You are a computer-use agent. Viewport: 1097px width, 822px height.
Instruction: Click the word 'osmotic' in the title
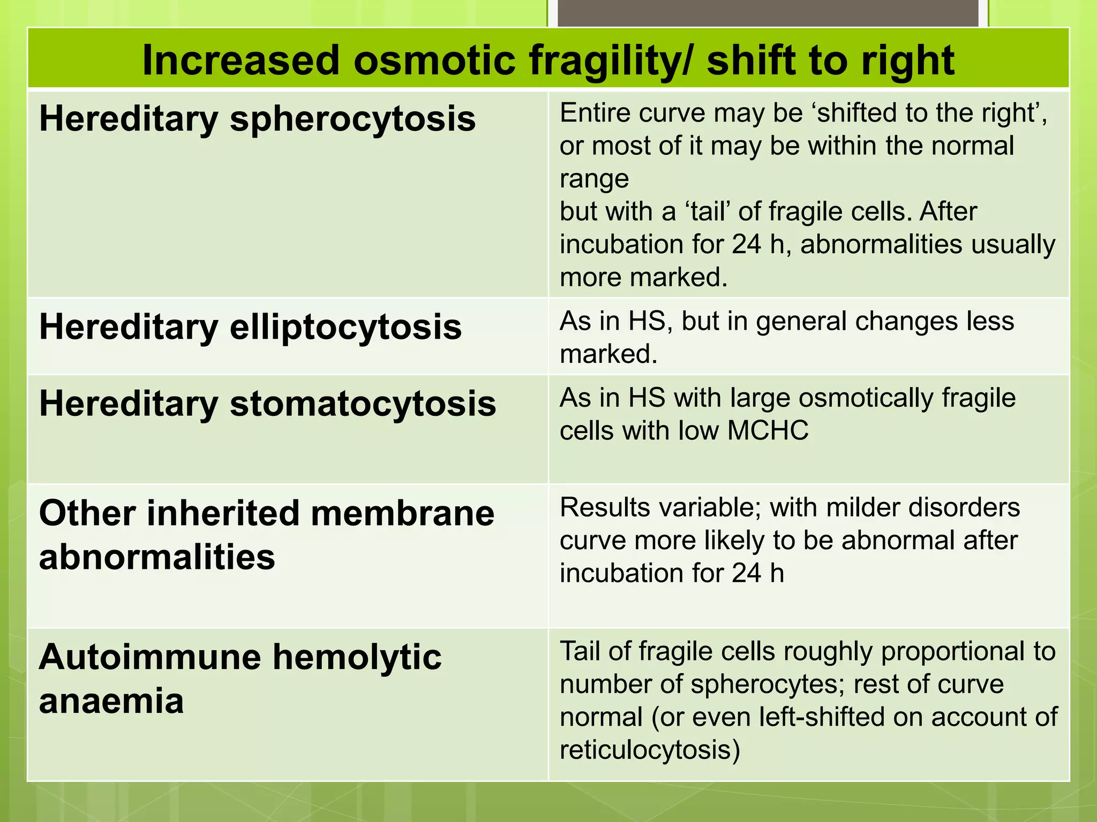click(x=434, y=60)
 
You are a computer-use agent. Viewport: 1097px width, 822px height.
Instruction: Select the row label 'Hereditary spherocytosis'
click(x=257, y=119)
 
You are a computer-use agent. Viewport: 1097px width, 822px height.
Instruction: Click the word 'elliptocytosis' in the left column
click(x=345, y=327)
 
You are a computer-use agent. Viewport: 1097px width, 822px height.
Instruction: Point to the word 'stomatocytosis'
click(x=363, y=404)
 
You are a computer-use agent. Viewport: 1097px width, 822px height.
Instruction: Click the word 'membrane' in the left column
click(x=402, y=513)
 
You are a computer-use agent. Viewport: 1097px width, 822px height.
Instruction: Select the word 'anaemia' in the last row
click(x=111, y=701)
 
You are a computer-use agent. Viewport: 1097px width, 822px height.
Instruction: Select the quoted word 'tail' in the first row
click(x=709, y=211)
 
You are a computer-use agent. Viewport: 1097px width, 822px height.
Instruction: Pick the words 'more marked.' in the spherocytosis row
click(x=643, y=277)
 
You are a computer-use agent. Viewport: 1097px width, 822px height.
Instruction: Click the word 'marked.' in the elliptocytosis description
click(x=608, y=354)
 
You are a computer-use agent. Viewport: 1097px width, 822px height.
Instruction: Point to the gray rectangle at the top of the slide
click(x=768, y=13)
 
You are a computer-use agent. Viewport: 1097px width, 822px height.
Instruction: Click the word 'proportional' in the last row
click(x=958, y=651)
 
